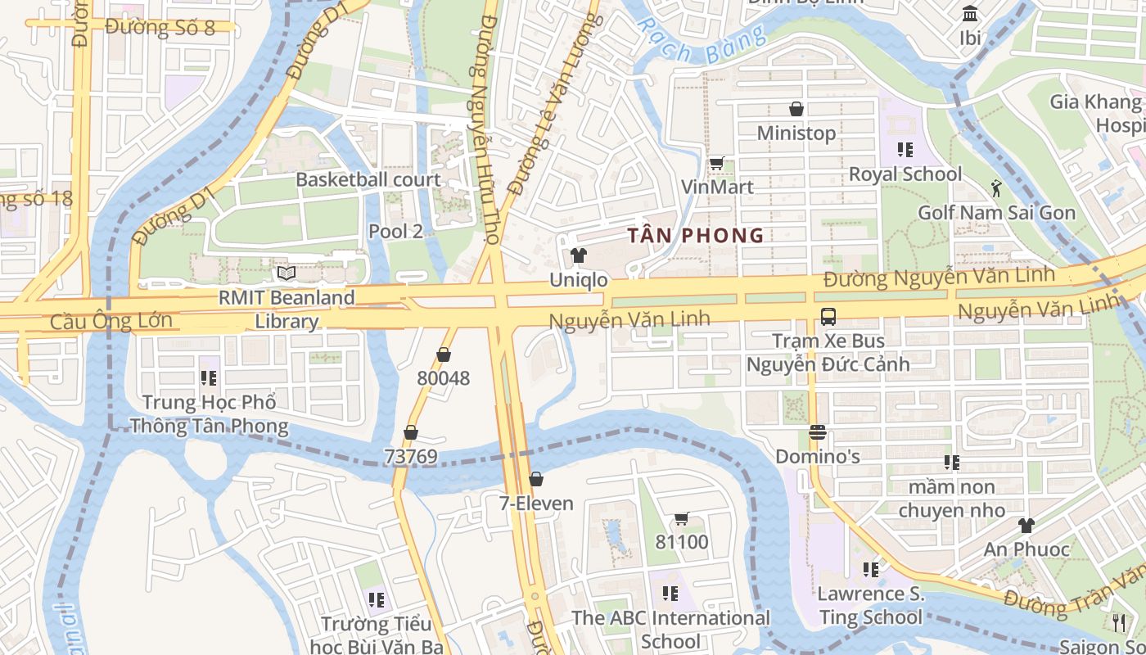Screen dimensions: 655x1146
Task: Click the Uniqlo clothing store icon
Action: [x=579, y=255]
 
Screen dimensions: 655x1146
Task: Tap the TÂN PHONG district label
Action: [x=695, y=236]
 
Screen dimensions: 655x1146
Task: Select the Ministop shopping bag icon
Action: [x=796, y=108]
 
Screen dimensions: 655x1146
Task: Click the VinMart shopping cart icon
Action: [x=716, y=163]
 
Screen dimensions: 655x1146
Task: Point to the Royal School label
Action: [x=905, y=174]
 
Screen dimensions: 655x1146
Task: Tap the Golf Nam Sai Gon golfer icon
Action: [x=996, y=188]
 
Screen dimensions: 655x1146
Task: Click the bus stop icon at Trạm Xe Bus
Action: [x=828, y=317]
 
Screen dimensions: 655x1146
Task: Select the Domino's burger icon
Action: [x=817, y=431]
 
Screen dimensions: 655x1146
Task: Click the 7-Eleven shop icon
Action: [x=536, y=478]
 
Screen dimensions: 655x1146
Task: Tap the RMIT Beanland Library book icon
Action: [x=286, y=273]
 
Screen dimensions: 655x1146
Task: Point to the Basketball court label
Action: [x=368, y=179]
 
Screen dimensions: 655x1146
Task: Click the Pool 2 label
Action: [x=395, y=231]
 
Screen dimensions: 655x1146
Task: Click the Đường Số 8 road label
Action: [x=160, y=27]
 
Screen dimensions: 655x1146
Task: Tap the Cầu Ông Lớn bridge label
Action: [x=111, y=320]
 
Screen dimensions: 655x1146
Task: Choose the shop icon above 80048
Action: [x=444, y=355]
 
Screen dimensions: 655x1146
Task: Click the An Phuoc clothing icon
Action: [x=1026, y=525]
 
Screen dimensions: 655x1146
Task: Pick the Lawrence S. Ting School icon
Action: [x=870, y=568]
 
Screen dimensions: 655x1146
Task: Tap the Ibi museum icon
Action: [x=971, y=14]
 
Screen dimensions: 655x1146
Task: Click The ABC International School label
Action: [x=670, y=628]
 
